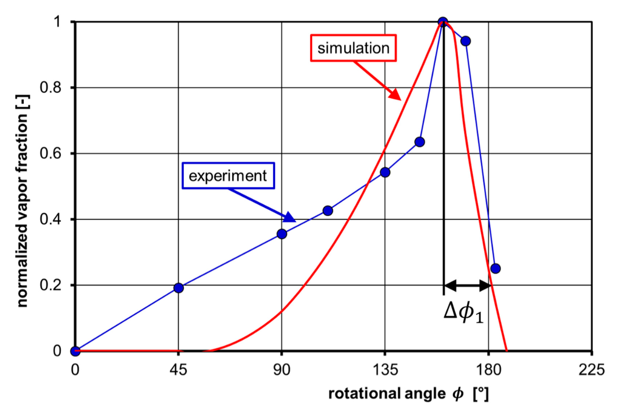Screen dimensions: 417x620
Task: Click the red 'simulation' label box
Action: click(353, 48)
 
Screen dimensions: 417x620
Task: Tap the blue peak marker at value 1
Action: click(443, 22)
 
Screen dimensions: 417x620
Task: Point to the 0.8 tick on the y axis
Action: click(50, 88)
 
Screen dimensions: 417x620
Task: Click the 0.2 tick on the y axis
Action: click(50, 285)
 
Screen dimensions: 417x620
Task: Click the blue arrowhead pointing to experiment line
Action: click(290, 217)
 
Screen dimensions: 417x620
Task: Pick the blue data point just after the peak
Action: click(465, 41)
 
